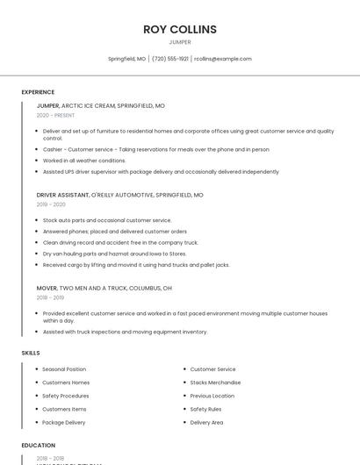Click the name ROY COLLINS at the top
179,29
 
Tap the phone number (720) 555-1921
170,59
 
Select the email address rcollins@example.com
223,59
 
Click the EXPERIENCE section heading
38,92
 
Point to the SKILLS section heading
31,353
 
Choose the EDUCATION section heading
38,446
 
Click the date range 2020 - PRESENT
55,116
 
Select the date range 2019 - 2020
51,204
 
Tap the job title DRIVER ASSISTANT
63,195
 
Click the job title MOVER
47,288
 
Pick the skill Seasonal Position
64,369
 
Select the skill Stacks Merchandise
215,383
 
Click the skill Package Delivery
64,422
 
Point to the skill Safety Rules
205,409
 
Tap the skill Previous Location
212,396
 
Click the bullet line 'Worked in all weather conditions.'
84,161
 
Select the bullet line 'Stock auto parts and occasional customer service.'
107,220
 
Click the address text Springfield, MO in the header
126,59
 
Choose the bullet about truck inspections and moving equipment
125,332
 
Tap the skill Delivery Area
206,422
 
